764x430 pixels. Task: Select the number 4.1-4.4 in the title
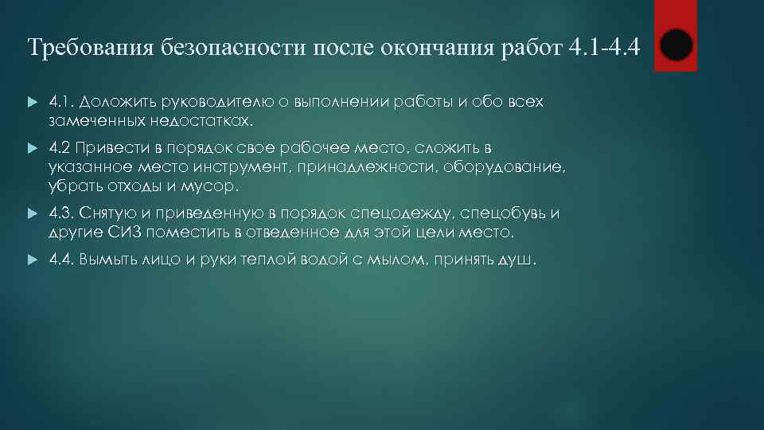tap(605, 47)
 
